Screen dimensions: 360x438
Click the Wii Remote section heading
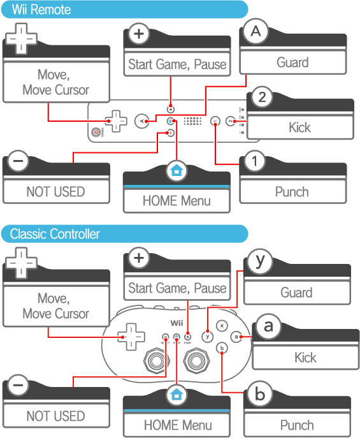41,10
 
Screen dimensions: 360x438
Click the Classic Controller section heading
55,234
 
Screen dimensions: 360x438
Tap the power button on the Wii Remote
96,132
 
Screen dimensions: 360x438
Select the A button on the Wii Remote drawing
141,121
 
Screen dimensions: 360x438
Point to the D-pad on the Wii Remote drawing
116,121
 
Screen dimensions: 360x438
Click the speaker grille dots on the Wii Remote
192,121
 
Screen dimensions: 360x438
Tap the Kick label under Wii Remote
299,128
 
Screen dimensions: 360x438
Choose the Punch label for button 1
292,192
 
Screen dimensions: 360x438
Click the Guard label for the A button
292,62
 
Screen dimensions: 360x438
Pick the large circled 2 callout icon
262,97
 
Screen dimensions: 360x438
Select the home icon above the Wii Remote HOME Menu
176,170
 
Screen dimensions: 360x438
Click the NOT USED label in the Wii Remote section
55,192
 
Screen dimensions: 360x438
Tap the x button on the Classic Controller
222,326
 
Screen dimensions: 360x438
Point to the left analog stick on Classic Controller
157,361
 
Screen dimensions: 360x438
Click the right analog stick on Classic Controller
196,361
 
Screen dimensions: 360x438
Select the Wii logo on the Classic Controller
176,323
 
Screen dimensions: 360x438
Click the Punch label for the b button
297,425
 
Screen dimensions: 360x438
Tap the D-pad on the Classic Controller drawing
131,337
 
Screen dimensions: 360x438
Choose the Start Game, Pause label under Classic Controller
177,288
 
